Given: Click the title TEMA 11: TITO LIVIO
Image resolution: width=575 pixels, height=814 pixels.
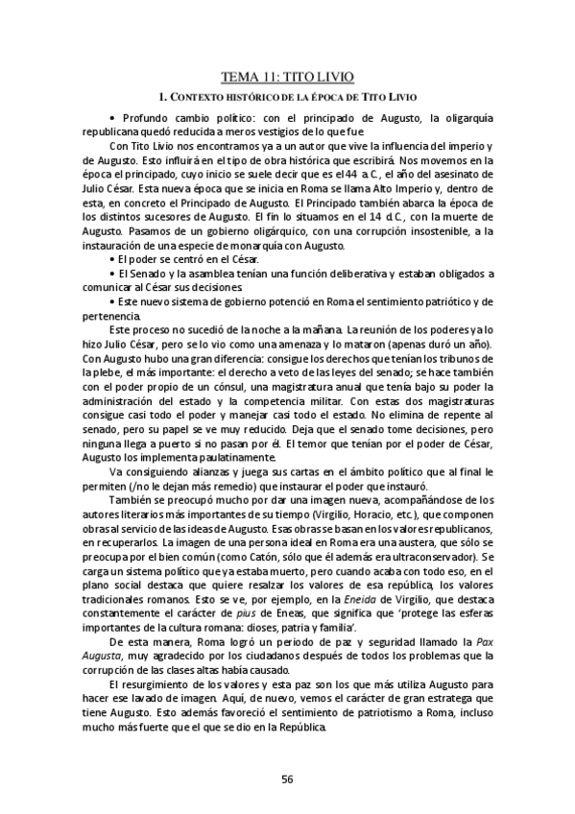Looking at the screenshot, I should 287,79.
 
